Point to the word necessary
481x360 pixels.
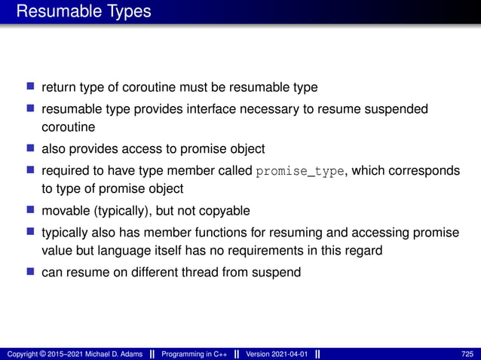click(260, 110)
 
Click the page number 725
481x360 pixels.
click(467, 354)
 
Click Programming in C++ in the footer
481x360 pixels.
click(194, 354)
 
